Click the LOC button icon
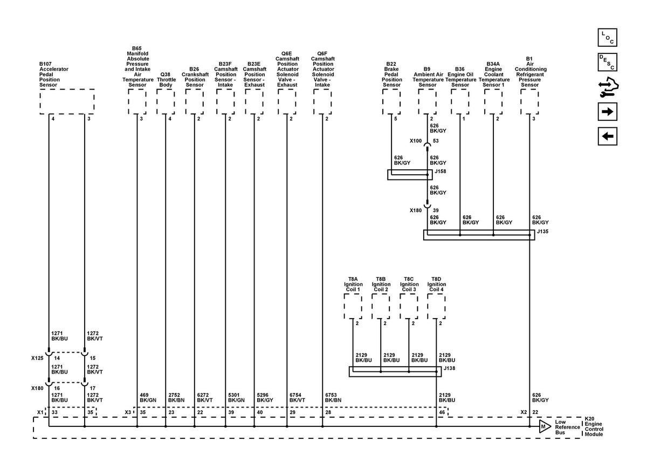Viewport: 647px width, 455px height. coord(607,37)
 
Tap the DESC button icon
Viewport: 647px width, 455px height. coord(607,62)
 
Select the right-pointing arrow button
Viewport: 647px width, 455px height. coord(607,112)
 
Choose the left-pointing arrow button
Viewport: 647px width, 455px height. coord(607,136)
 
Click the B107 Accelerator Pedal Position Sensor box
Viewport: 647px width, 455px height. coord(67,101)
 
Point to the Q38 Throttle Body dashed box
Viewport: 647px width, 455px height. coord(166,101)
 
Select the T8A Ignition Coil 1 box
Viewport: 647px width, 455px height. coord(353,306)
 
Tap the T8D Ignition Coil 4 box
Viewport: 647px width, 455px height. coord(436,306)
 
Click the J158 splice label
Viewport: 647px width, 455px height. coord(440,171)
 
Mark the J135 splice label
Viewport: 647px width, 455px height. coord(542,231)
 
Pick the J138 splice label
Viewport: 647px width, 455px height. coord(450,368)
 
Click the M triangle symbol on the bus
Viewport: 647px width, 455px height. coord(545,426)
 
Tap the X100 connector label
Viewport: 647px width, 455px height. coord(416,141)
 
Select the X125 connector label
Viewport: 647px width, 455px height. coord(37,358)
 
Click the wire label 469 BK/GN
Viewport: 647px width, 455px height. coord(148,397)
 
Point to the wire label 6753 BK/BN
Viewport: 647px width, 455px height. coord(333,397)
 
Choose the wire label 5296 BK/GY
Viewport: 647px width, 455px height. coord(265,397)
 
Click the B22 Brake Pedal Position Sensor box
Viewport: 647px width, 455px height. coord(391,101)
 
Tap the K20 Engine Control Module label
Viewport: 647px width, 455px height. coord(594,426)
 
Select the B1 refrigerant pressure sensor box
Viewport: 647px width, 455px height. coord(529,101)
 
